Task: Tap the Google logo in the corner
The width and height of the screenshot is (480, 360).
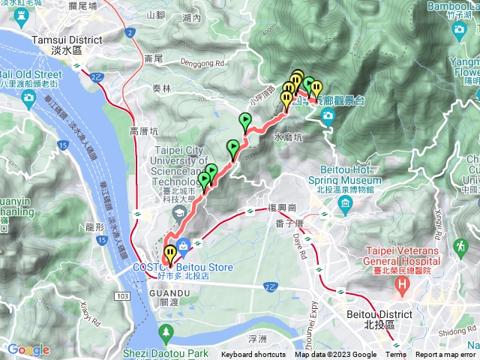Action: (x=28, y=349)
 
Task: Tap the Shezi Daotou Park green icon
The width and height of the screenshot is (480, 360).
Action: (x=165, y=331)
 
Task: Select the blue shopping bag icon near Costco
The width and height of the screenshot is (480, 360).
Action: (x=184, y=244)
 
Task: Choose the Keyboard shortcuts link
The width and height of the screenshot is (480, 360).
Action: (x=253, y=355)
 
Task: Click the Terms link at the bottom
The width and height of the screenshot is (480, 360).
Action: (x=396, y=355)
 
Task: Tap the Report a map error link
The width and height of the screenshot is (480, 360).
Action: (x=445, y=355)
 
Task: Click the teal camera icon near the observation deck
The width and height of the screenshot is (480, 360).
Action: (x=328, y=115)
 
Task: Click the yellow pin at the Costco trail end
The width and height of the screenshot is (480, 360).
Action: (x=170, y=253)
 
